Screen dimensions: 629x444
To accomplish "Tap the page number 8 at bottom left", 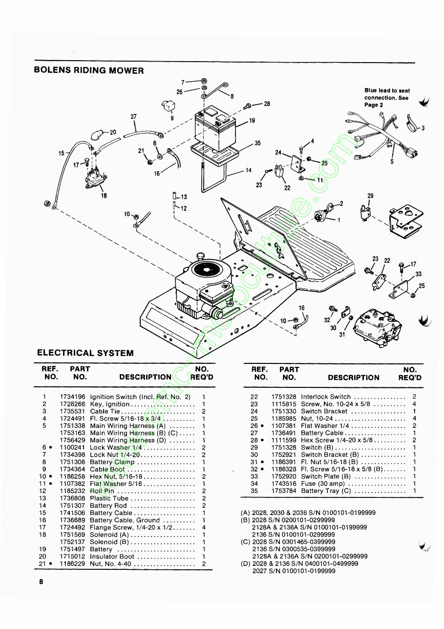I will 42,582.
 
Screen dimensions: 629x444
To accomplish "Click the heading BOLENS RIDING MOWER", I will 89,70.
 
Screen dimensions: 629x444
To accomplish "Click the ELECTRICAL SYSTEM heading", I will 85,353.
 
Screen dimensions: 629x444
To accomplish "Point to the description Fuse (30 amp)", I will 323,483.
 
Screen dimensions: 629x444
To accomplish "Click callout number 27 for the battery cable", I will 134,116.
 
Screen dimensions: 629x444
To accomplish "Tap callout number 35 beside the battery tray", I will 257,143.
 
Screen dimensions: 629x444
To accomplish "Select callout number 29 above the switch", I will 370,196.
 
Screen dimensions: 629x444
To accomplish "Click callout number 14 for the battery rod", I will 248,171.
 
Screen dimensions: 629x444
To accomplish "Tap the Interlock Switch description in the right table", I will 326,397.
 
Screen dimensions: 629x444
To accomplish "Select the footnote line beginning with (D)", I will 299,563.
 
